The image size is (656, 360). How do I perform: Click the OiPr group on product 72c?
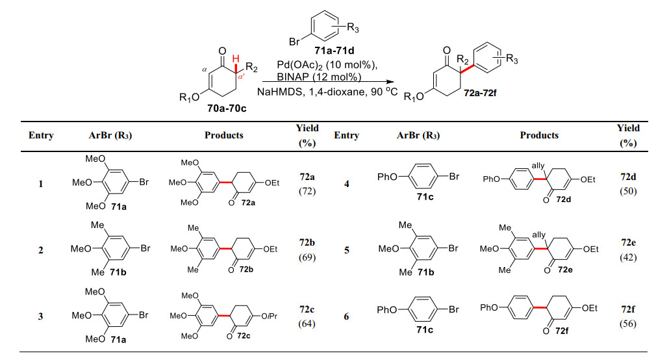tap(271, 316)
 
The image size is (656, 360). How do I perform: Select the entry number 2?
tap(41, 250)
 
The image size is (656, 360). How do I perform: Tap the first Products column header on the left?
tap(223, 135)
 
